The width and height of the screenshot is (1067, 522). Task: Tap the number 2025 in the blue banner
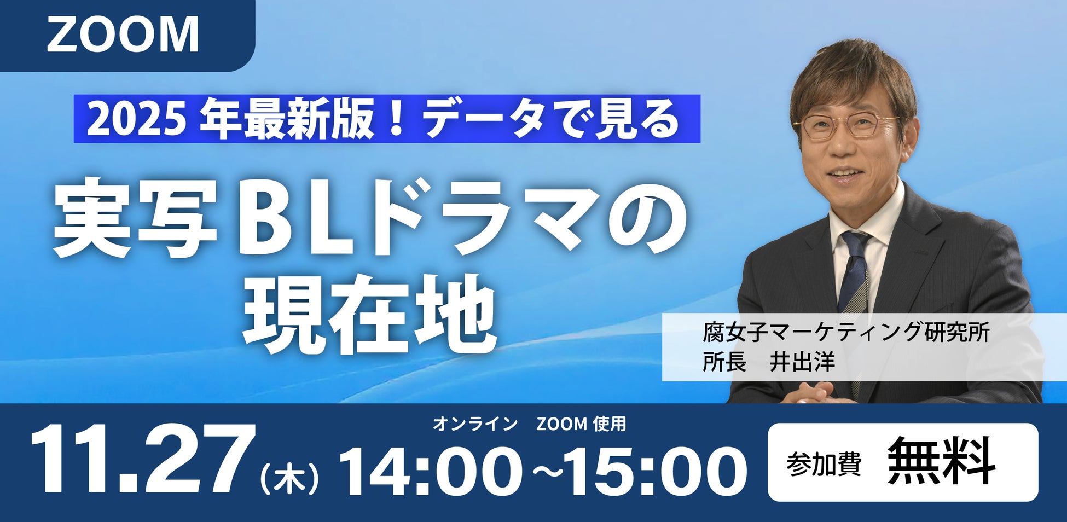point(134,120)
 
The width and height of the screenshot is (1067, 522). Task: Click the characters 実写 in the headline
point(135,218)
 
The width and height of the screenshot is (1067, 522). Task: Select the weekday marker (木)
point(289,478)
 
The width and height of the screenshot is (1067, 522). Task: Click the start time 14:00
point(430,471)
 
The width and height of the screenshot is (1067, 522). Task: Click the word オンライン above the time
point(475,424)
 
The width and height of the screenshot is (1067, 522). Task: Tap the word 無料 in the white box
point(941,461)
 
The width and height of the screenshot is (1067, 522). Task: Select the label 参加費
point(824,464)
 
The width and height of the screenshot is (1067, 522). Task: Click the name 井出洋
point(802,362)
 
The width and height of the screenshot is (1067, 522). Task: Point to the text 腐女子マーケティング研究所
point(846,333)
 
